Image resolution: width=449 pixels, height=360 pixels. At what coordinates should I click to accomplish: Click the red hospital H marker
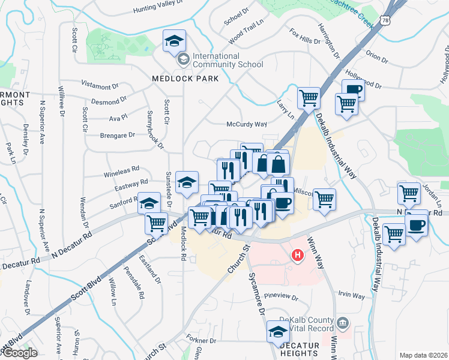tap(297, 256)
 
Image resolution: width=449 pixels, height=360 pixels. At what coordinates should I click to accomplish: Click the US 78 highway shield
tap(385, 20)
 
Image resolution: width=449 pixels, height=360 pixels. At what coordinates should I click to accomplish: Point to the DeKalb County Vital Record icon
tap(342, 324)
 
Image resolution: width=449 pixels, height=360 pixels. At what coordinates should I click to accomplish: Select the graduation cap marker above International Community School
tap(175, 41)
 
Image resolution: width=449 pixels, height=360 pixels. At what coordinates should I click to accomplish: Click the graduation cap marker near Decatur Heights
tap(278, 331)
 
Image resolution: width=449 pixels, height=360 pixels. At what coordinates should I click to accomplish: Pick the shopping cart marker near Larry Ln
tap(309, 97)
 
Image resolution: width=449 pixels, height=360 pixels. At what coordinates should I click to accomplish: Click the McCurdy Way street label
tap(246, 124)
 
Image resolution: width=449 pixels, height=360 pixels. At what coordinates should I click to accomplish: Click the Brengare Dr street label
tap(117, 136)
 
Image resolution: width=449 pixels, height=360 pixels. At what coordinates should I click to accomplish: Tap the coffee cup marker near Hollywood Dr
tap(353, 91)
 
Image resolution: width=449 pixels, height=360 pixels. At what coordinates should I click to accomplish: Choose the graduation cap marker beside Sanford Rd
tap(149, 203)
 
